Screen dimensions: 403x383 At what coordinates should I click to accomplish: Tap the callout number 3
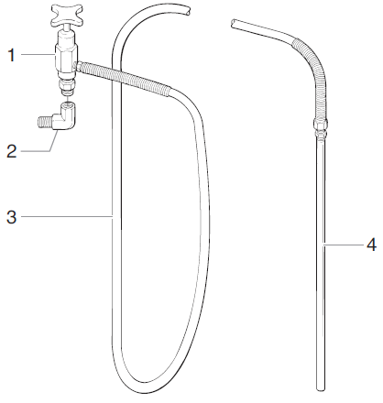click(12, 217)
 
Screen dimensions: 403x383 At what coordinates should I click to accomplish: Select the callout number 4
click(370, 245)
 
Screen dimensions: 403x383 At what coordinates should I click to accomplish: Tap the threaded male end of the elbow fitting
click(45, 119)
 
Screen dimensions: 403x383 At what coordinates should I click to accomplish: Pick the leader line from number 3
click(64, 217)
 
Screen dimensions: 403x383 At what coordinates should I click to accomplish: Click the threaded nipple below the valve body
click(67, 88)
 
